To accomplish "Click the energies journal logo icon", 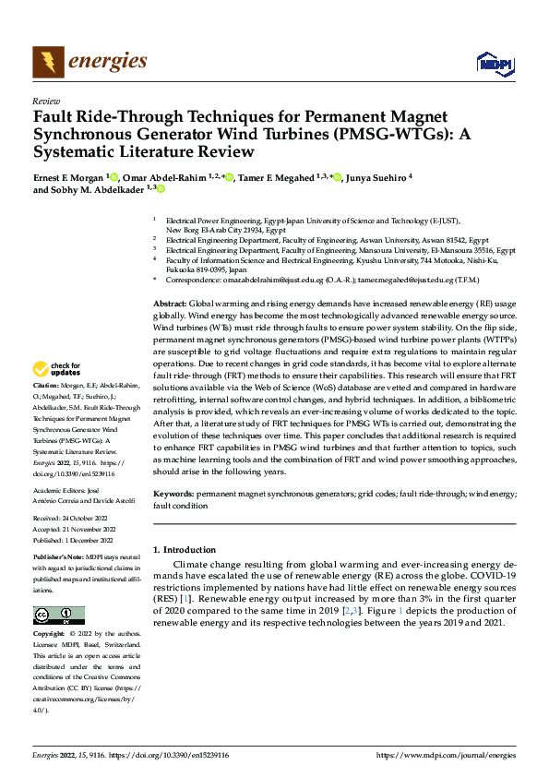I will (48, 62).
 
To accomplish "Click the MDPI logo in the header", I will (494, 63).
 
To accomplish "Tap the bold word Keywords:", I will (173, 495).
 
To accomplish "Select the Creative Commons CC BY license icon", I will (58, 616).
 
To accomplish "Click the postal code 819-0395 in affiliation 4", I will (219, 269).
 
